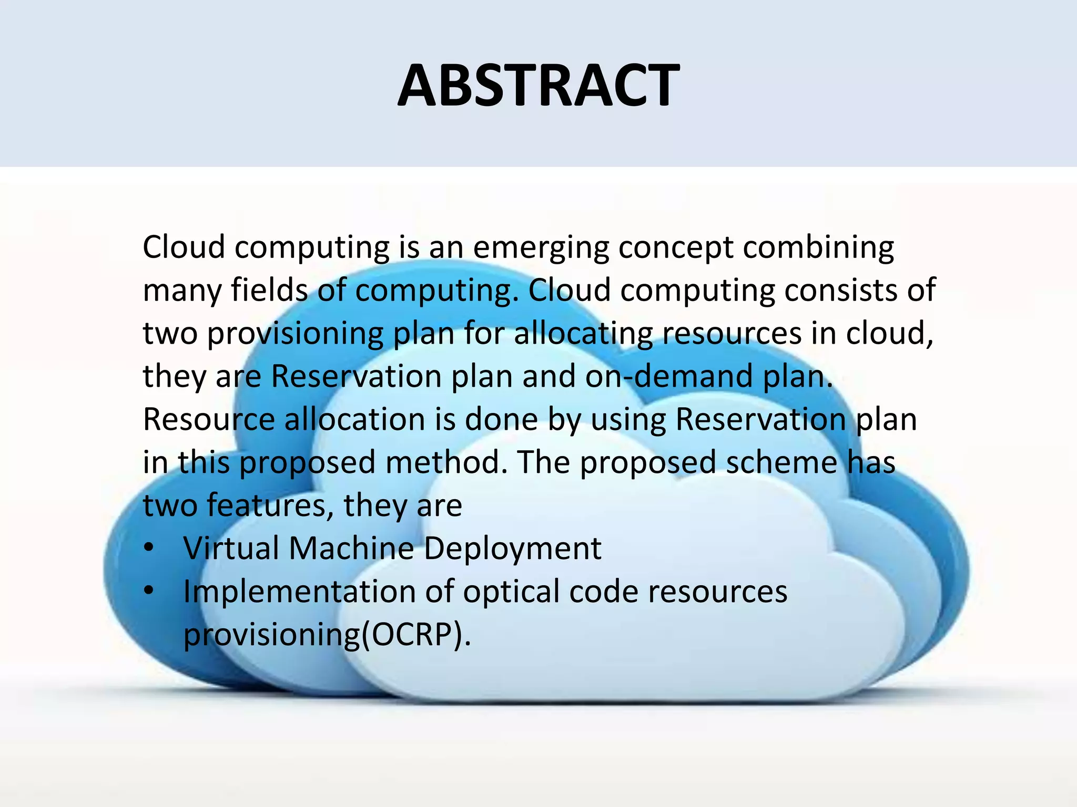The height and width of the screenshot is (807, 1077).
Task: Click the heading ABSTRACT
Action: click(x=538, y=86)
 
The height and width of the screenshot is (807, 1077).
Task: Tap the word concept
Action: click(x=676, y=248)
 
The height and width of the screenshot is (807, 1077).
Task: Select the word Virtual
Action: click(x=231, y=549)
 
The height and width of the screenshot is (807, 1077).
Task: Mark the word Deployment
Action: click(x=512, y=550)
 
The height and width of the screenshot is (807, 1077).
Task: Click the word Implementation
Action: click(x=300, y=592)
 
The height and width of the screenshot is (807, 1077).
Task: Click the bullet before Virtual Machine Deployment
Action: click(x=149, y=549)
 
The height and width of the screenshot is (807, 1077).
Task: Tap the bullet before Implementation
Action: click(x=149, y=592)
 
